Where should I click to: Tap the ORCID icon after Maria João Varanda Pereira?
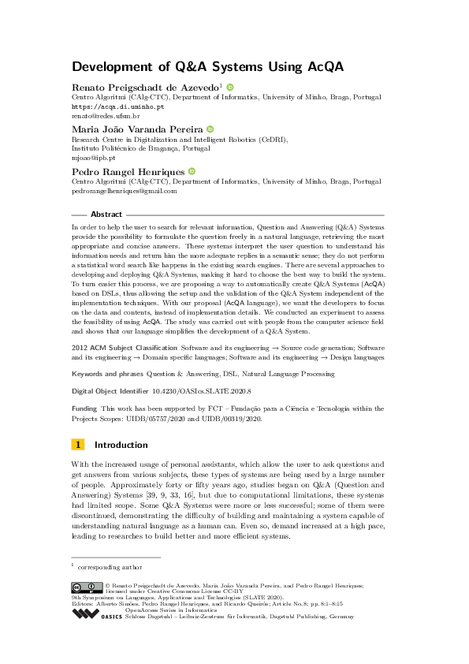[210, 129]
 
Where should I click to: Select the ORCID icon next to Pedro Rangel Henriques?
[191, 171]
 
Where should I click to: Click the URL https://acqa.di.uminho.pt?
[117, 106]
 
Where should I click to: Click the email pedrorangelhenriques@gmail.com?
[124, 190]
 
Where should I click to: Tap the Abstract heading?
[106, 214]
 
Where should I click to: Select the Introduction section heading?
[121, 445]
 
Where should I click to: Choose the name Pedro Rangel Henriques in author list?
[128, 171]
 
